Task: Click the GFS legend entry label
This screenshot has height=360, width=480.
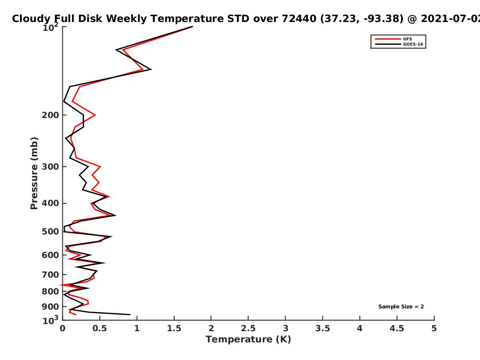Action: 407,39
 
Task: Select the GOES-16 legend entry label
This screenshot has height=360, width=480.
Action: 413,44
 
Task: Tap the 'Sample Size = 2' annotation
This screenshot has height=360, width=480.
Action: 401,307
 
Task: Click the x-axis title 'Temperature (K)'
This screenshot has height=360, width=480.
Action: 248,340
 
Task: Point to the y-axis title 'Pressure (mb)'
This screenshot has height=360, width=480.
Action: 34,173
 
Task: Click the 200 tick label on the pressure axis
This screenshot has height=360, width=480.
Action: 50,115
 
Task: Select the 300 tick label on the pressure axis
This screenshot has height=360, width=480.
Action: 50,167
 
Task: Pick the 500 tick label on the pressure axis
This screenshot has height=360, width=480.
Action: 50,232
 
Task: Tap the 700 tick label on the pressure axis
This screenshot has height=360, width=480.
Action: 50,275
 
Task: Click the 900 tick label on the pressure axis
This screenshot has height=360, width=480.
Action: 50,307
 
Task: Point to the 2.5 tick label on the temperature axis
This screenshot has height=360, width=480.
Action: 248,328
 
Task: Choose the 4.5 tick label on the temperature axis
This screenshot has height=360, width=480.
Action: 397,328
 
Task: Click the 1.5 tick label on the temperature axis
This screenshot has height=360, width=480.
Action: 174,328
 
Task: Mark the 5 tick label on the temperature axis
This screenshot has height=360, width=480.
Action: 434,328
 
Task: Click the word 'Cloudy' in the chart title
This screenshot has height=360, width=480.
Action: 32,19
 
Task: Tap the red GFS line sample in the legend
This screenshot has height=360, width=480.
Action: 388,39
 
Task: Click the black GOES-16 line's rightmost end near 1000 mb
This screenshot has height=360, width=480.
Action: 130,315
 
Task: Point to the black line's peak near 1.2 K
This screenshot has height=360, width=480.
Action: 151,70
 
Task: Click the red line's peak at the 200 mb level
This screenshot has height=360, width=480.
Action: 95,115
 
